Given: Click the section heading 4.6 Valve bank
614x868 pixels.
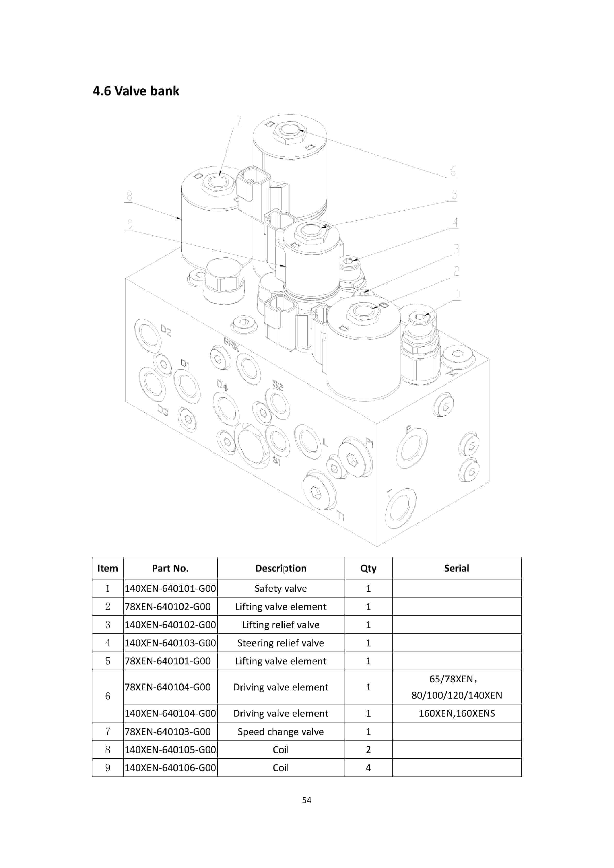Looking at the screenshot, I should coord(136,91).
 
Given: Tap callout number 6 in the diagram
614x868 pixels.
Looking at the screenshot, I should coord(453,172).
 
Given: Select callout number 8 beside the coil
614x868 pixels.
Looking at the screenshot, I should coord(129,196).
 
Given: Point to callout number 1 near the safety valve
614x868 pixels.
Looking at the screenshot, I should coord(458,294).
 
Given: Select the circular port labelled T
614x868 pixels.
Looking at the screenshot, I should coord(400,508).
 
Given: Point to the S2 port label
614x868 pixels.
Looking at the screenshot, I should coord(278,385).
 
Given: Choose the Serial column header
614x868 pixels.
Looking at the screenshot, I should coord(456,568).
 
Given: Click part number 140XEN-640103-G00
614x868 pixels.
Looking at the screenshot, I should coord(170,643).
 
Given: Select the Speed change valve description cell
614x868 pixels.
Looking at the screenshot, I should coord(280,731).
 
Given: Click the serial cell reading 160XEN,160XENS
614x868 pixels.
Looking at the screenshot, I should coord(456,713).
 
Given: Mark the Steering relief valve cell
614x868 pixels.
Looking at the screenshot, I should coord(280,643).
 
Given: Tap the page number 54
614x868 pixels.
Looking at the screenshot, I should coord(307,800).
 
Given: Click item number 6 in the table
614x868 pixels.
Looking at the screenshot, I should coord(107,696).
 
